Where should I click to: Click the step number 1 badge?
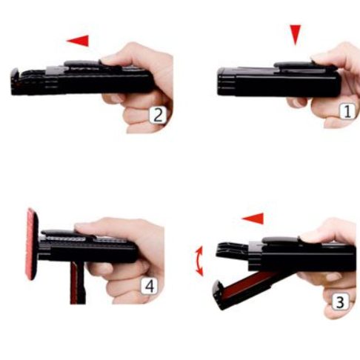(347, 111)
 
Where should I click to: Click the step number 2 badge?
(158, 115)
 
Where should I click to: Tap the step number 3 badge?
(341, 301)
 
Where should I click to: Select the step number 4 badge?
(149, 286)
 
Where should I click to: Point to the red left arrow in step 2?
(78, 41)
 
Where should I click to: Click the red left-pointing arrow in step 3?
(253, 219)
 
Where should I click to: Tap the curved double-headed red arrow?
(199, 261)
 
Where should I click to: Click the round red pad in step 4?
(32, 244)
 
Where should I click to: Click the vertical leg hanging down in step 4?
(78, 283)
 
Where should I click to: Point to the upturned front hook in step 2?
(15, 77)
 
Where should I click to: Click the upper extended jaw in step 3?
(232, 250)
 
